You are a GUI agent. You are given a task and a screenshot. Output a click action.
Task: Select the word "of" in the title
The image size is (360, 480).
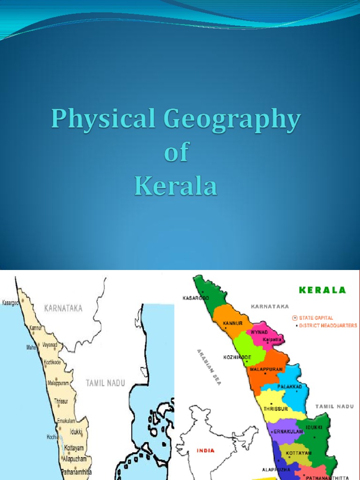click(x=176, y=153)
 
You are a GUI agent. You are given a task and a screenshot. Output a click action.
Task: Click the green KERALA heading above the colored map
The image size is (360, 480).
click(x=322, y=290)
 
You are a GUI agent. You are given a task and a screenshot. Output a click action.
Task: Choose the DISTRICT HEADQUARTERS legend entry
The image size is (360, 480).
click(x=327, y=325)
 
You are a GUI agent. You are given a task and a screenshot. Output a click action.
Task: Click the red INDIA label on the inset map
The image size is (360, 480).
click(x=205, y=450)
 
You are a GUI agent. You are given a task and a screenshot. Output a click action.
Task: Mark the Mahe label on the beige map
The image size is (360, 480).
click(x=31, y=347)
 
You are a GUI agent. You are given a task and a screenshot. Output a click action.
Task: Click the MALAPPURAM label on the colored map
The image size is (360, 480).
click(x=266, y=369)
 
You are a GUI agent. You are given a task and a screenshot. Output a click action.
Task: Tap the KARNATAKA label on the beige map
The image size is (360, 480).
click(x=63, y=308)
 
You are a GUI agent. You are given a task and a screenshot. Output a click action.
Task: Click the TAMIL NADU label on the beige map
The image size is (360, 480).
click(x=105, y=383)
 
